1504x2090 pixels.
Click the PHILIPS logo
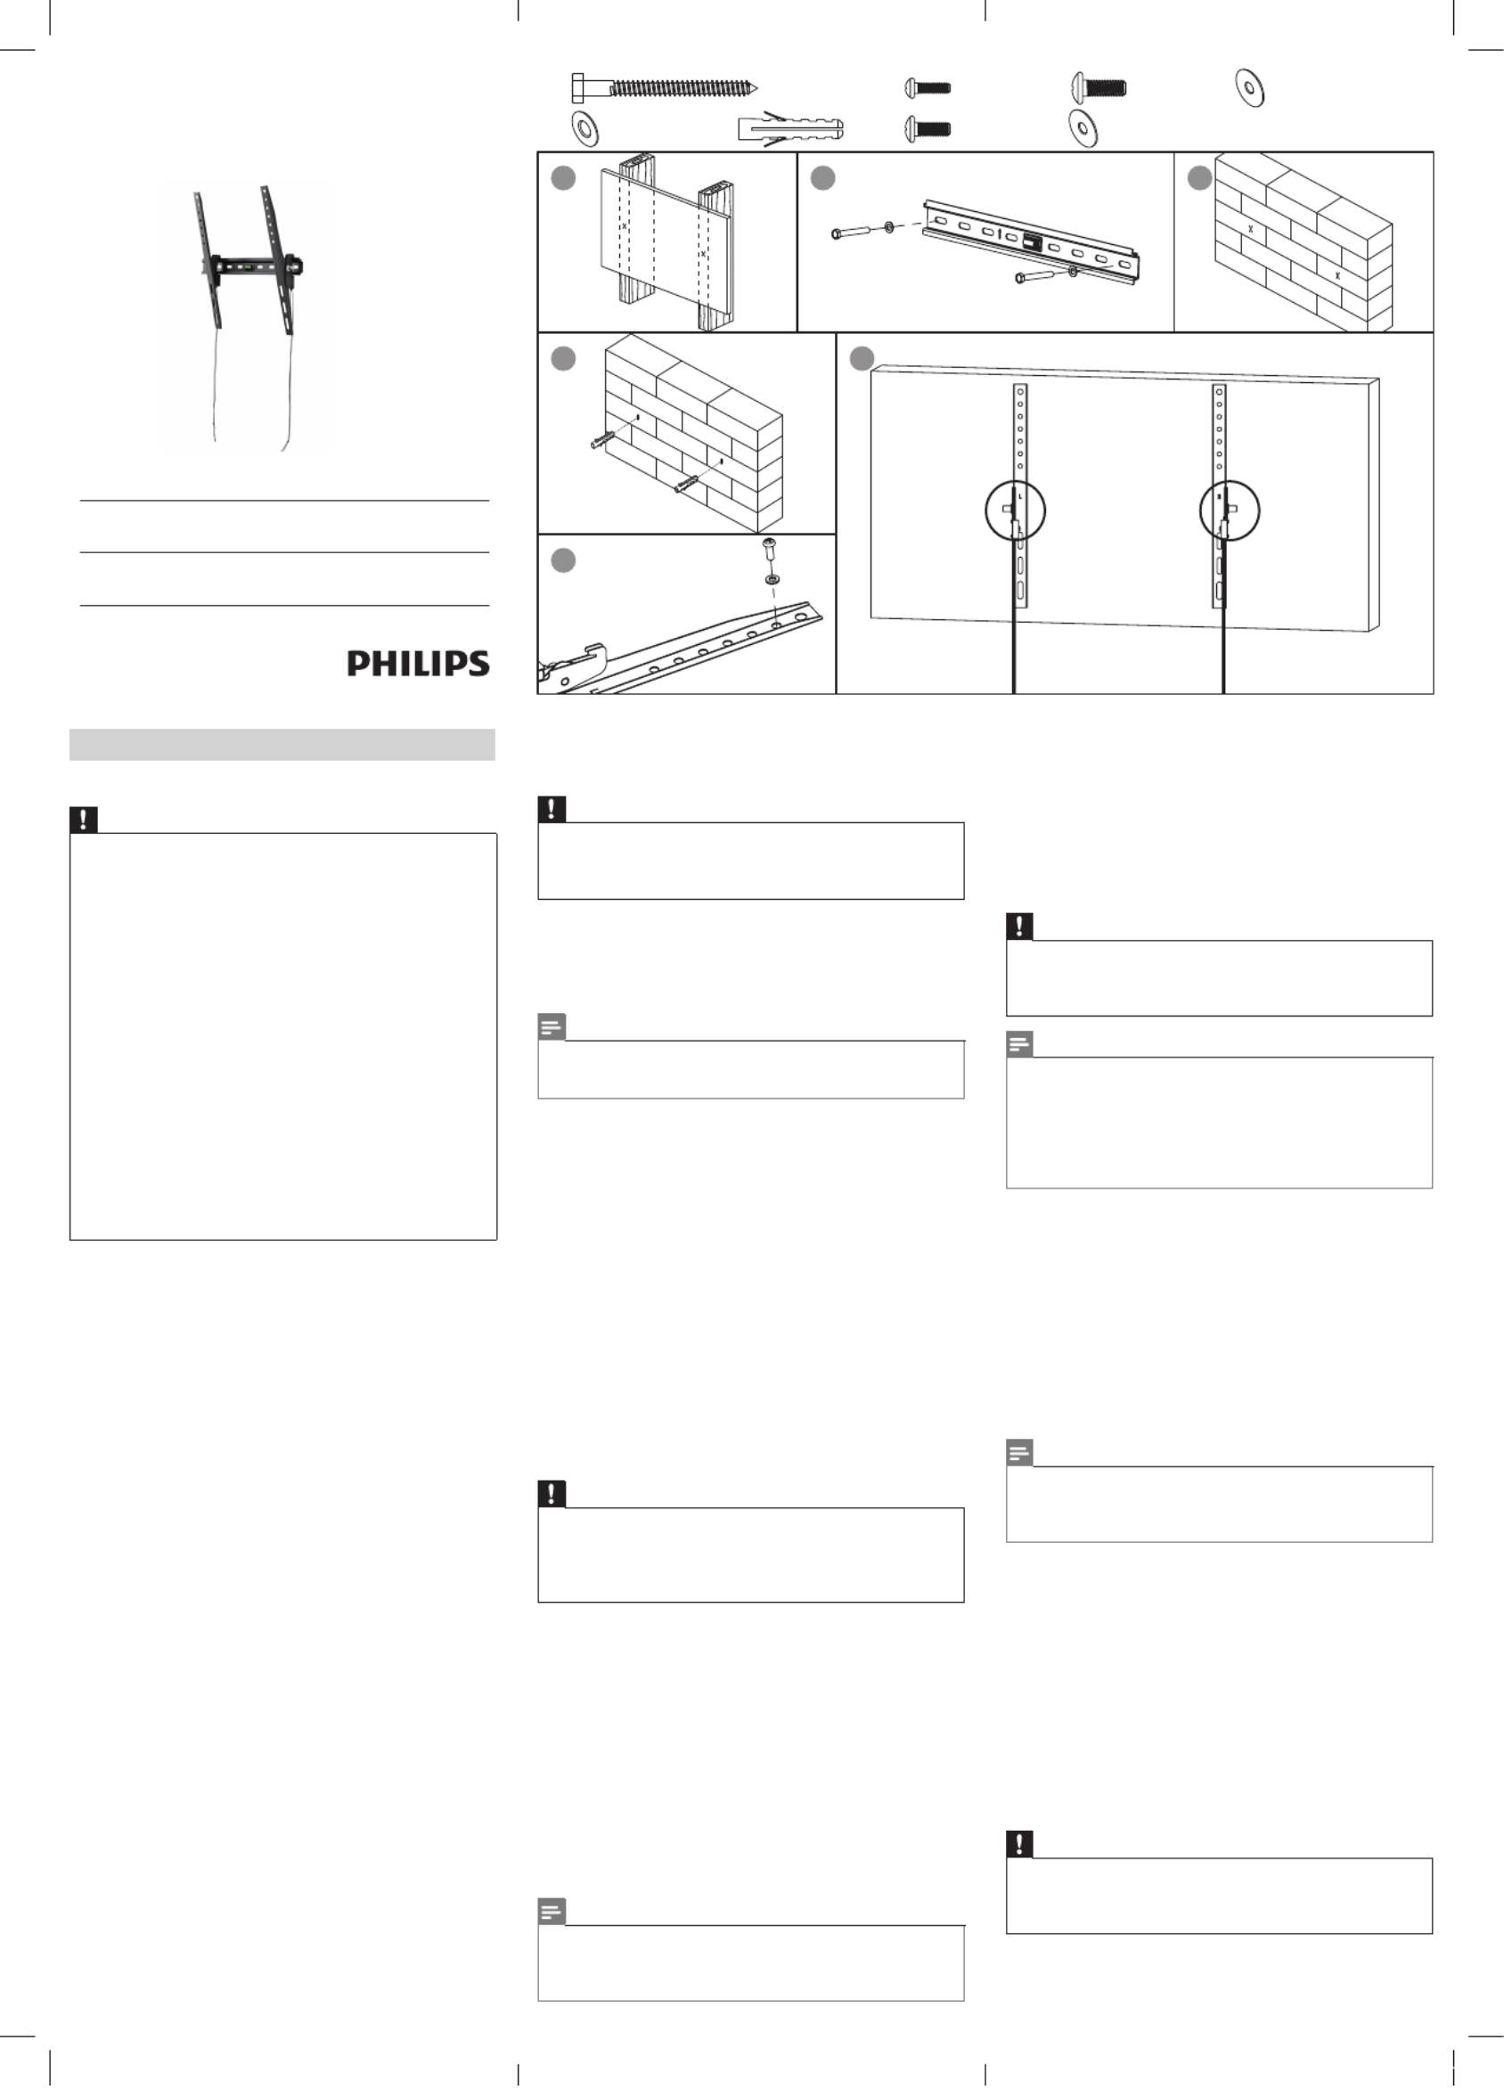(x=418, y=664)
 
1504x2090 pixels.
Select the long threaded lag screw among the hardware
(x=664, y=88)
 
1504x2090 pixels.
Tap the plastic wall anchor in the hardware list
(x=789, y=127)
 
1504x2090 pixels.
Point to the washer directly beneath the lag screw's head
(x=584, y=128)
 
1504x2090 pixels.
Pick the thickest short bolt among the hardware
(x=1099, y=88)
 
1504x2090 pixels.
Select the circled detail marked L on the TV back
(x=1015, y=510)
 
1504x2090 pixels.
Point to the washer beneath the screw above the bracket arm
(x=772, y=580)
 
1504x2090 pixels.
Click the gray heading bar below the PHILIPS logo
(x=282, y=745)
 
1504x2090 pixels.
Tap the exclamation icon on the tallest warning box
(x=84, y=820)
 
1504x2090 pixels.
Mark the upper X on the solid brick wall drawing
(x=1251, y=227)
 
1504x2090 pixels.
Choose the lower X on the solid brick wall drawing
(x=1337, y=275)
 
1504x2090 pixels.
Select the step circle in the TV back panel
(x=862, y=359)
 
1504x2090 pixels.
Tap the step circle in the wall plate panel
(x=823, y=178)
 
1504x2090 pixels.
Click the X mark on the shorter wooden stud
(x=702, y=253)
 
